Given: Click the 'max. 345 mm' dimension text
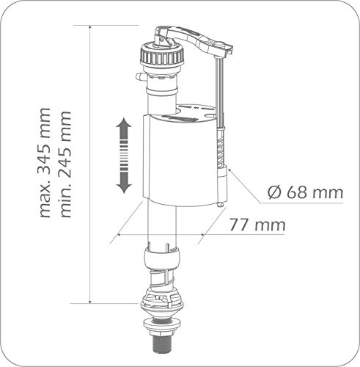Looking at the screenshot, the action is pos(45,162).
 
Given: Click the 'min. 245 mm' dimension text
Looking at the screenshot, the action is pos(65,164).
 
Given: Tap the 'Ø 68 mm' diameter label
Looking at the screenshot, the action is pos(305,192).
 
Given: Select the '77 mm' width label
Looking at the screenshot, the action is pos(257,225).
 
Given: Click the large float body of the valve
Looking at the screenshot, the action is pos(185,160).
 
